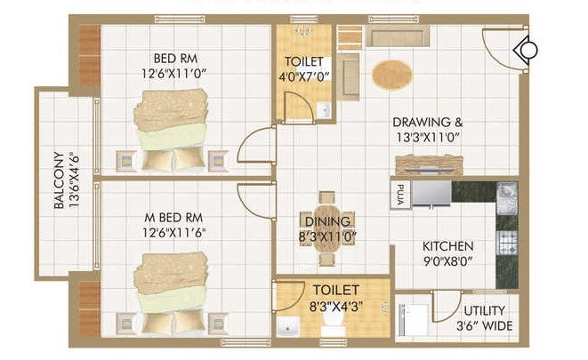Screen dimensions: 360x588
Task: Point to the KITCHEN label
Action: click(x=448, y=246)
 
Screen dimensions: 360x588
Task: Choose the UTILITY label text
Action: click(x=484, y=311)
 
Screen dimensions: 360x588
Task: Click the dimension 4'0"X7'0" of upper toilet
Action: click(x=305, y=76)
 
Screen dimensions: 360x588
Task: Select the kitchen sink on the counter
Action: click(x=506, y=193)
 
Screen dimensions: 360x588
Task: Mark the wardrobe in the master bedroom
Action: click(x=89, y=308)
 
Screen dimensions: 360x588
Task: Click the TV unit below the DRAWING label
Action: click(x=429, y=164)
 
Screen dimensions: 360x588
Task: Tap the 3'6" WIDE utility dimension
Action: click(x=484, y=324)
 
